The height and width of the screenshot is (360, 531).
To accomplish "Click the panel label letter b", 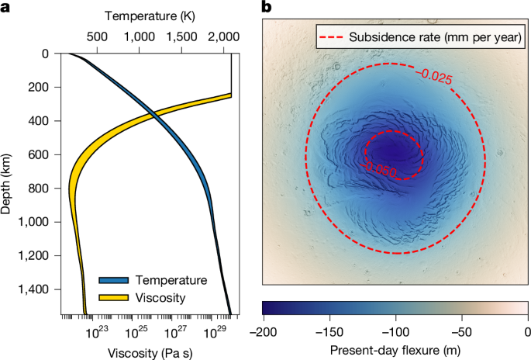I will [267, 8].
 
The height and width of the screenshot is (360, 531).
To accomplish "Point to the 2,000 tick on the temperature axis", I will [222, 36].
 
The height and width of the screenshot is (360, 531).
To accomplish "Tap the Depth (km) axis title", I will [9, 184].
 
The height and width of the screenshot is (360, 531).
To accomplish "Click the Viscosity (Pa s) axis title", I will [147, 349].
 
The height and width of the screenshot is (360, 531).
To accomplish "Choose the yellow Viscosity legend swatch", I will [115, 296].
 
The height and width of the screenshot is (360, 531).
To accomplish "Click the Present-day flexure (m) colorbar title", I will [395, 349].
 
